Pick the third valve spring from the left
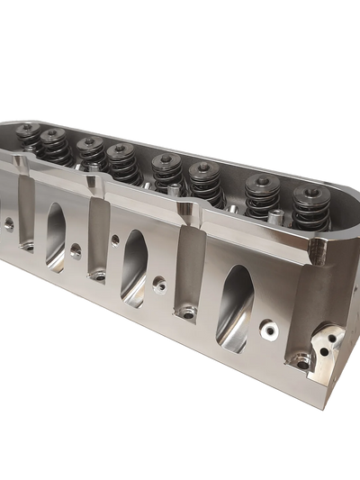coord(89,154)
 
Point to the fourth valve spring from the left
coord(121,163)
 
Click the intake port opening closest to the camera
coord(233,307)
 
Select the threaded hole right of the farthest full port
coord(76,249)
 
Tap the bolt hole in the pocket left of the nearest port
coord(188,314)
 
